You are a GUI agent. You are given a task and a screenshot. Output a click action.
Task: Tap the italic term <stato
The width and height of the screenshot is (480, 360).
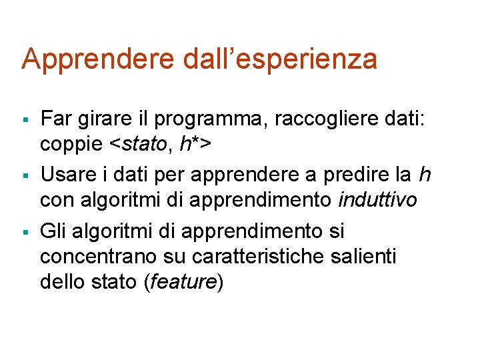click(x=137, y=143)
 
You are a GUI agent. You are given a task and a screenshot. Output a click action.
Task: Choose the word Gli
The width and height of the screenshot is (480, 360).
click(x=54, y=231)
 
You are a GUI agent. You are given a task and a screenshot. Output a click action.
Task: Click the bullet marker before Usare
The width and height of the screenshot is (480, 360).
click(x=24, y=177)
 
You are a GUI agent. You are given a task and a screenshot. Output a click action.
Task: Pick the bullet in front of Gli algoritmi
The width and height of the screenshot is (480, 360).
click(x=24, y=232)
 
